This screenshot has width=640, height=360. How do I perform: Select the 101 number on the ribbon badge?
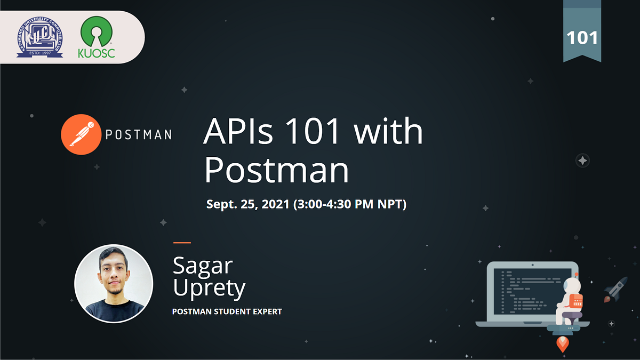[582, 38]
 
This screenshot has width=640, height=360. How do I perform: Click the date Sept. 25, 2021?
[249, 204]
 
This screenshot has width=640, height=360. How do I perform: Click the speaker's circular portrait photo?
[114, 283]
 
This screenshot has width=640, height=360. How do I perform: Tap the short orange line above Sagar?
[182, 243]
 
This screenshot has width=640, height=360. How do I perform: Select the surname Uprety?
[209, 288]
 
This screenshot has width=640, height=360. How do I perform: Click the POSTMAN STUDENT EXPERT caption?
[227, 311]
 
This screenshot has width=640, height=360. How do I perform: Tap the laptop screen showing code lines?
[525, 291]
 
